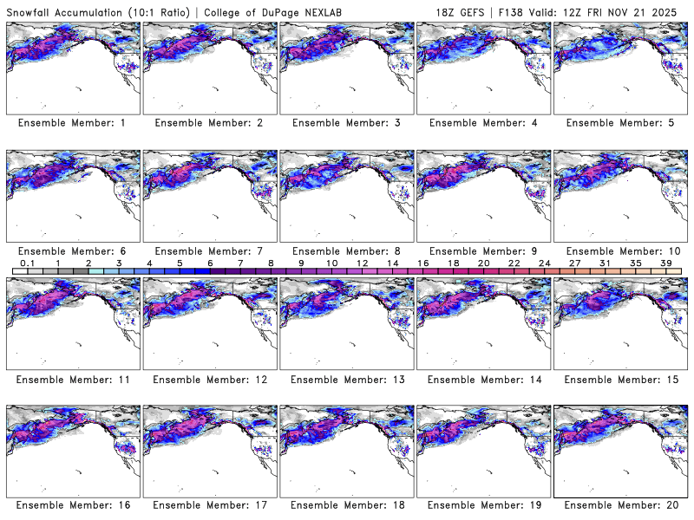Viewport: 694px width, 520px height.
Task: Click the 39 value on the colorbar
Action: pyautogui.click(x=666, y=262)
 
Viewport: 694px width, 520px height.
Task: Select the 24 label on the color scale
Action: pyautogui.click(x=544, y=262)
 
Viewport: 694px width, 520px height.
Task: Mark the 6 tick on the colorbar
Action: pyautogui.click(x=210, y=262)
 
